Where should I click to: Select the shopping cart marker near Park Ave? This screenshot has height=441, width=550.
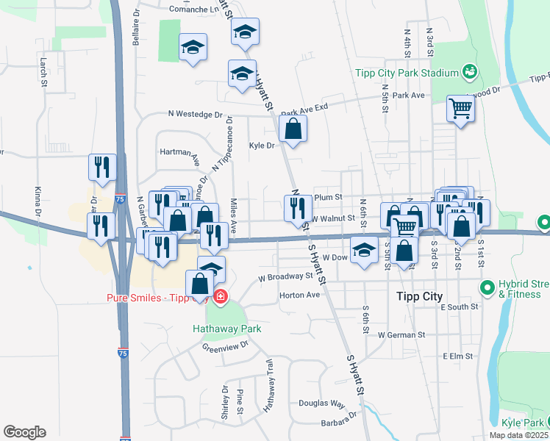click(x=460, y=110)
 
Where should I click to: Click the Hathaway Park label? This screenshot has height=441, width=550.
click(x=226, y=329)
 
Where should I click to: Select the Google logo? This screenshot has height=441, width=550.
click(x=24, y=432)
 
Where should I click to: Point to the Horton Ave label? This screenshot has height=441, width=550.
click(x=300, y=295)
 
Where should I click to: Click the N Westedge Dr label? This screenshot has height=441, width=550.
click(x=195, y=114)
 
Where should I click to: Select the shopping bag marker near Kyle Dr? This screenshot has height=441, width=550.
click(x=293, y=129)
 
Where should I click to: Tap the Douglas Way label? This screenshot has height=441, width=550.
click(x=322, y=404)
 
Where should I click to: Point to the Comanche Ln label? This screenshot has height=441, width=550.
click(x=196, y=10)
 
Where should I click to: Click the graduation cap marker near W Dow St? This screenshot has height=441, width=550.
click(x=363, y=250)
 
